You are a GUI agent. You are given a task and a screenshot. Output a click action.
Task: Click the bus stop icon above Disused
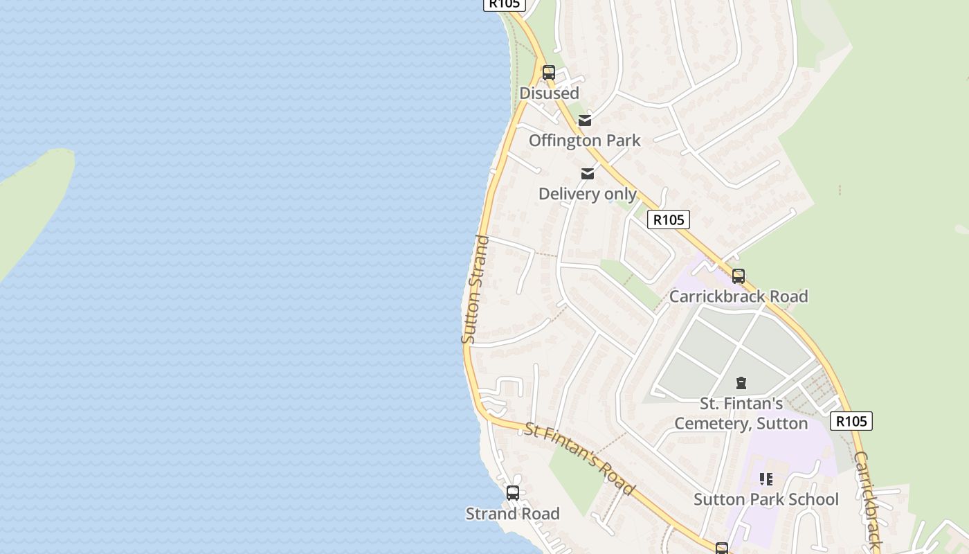(x=549, y=72)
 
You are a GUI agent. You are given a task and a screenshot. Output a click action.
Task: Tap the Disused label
(x=549, y=93)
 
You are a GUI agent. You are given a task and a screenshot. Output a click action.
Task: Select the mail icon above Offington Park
(x=585, y=120)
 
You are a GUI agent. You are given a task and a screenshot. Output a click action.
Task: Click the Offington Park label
(x=585, y=141)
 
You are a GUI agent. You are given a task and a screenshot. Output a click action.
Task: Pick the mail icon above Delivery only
(x=588, y=173)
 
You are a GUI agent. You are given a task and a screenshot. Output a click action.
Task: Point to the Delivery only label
(x=588, y=194)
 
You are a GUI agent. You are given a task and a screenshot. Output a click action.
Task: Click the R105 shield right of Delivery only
(x=669, y=220)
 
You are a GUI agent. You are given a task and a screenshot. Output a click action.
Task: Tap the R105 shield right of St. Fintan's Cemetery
(x=851, y=421)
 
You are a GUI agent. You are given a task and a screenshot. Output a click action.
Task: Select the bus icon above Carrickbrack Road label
(x=739, y=276)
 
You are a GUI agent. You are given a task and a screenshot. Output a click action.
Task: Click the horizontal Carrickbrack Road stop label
(x=739, y=296)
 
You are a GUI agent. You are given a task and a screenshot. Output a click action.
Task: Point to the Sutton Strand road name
(x=475, y=289)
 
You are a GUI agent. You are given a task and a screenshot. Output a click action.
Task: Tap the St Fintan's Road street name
(x=579, y=458)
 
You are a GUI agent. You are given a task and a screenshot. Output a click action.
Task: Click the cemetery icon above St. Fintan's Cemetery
(x=741, y=383)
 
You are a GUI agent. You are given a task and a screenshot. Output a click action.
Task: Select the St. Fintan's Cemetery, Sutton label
(x=741, y=413)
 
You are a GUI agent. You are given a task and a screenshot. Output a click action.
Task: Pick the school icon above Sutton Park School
(x=766, y=479)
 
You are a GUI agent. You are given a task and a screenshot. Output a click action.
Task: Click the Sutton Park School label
(x=766, y=499)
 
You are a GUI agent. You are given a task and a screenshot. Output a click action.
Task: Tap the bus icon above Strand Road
(x=513, y=493)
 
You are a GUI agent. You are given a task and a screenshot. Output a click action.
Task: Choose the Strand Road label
(x=513, y=514)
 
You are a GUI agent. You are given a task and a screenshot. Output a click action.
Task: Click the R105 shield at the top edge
(x=504, y=4)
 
